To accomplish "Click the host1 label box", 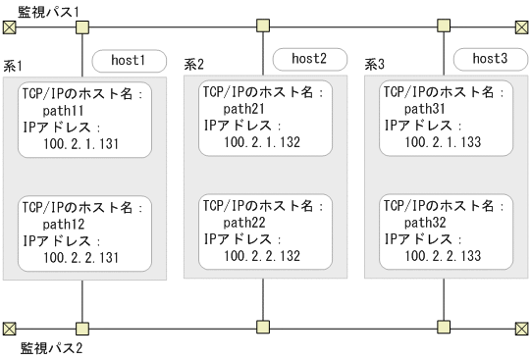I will point(128,61).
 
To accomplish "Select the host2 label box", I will point(308,59).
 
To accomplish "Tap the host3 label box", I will point(488,59).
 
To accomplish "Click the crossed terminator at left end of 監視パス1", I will point(10,27).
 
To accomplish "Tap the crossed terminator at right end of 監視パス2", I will point(520,327).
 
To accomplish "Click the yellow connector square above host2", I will point(262,26).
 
